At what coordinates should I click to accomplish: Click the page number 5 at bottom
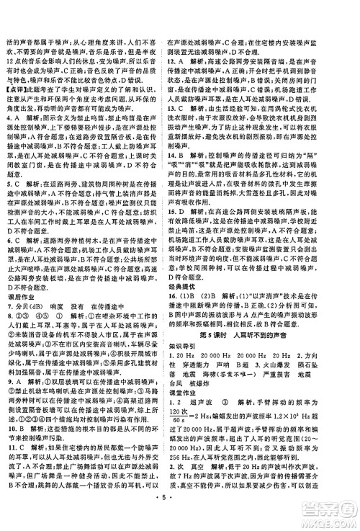point(179,517)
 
